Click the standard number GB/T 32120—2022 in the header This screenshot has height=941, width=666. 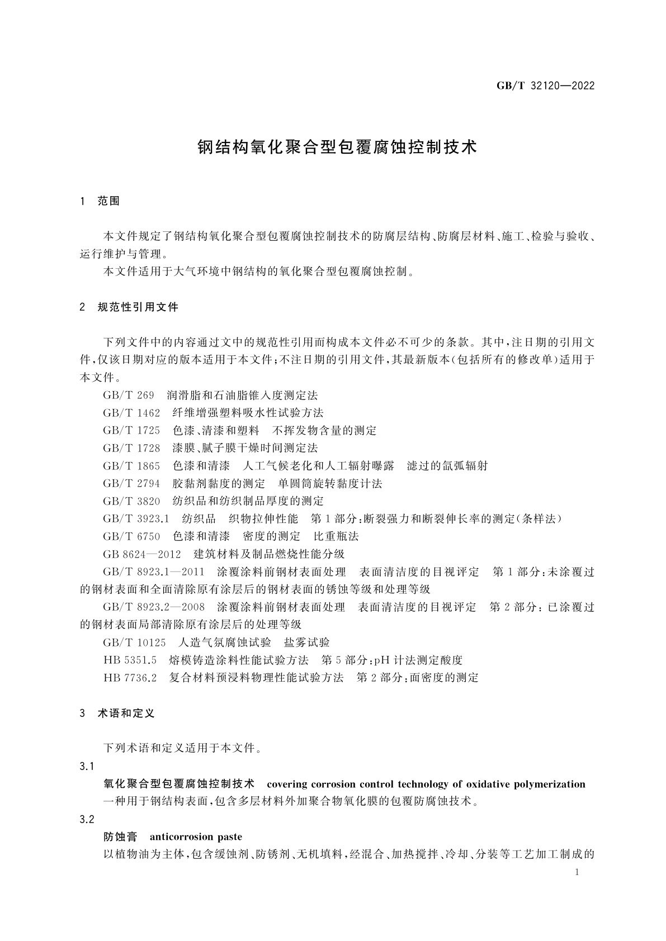coord(545,86)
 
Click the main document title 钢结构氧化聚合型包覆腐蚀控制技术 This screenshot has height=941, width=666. coord(338,148)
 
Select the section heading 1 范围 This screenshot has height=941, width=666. coord(101,201)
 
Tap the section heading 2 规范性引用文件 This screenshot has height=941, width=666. coord(130,307)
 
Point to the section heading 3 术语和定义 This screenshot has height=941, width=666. coord(118,713)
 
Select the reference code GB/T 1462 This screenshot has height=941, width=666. coord(131,413)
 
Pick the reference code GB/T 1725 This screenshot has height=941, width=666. coord(131,431)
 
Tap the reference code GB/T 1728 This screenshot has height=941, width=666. coord(131,448)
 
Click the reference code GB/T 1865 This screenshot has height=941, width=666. coord(131,466)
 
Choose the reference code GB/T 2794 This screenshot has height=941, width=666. coord(131,483)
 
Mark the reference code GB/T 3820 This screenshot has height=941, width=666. coord(131,501)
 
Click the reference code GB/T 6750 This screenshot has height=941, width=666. coord(131,536)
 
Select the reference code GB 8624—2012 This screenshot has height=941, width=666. coord(142,554)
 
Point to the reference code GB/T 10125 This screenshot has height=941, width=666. coord(134,643)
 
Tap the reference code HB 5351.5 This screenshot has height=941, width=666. coord(130,660)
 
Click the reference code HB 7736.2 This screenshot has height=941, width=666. coord(130,678)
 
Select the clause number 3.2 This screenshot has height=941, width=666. coord(87,820)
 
